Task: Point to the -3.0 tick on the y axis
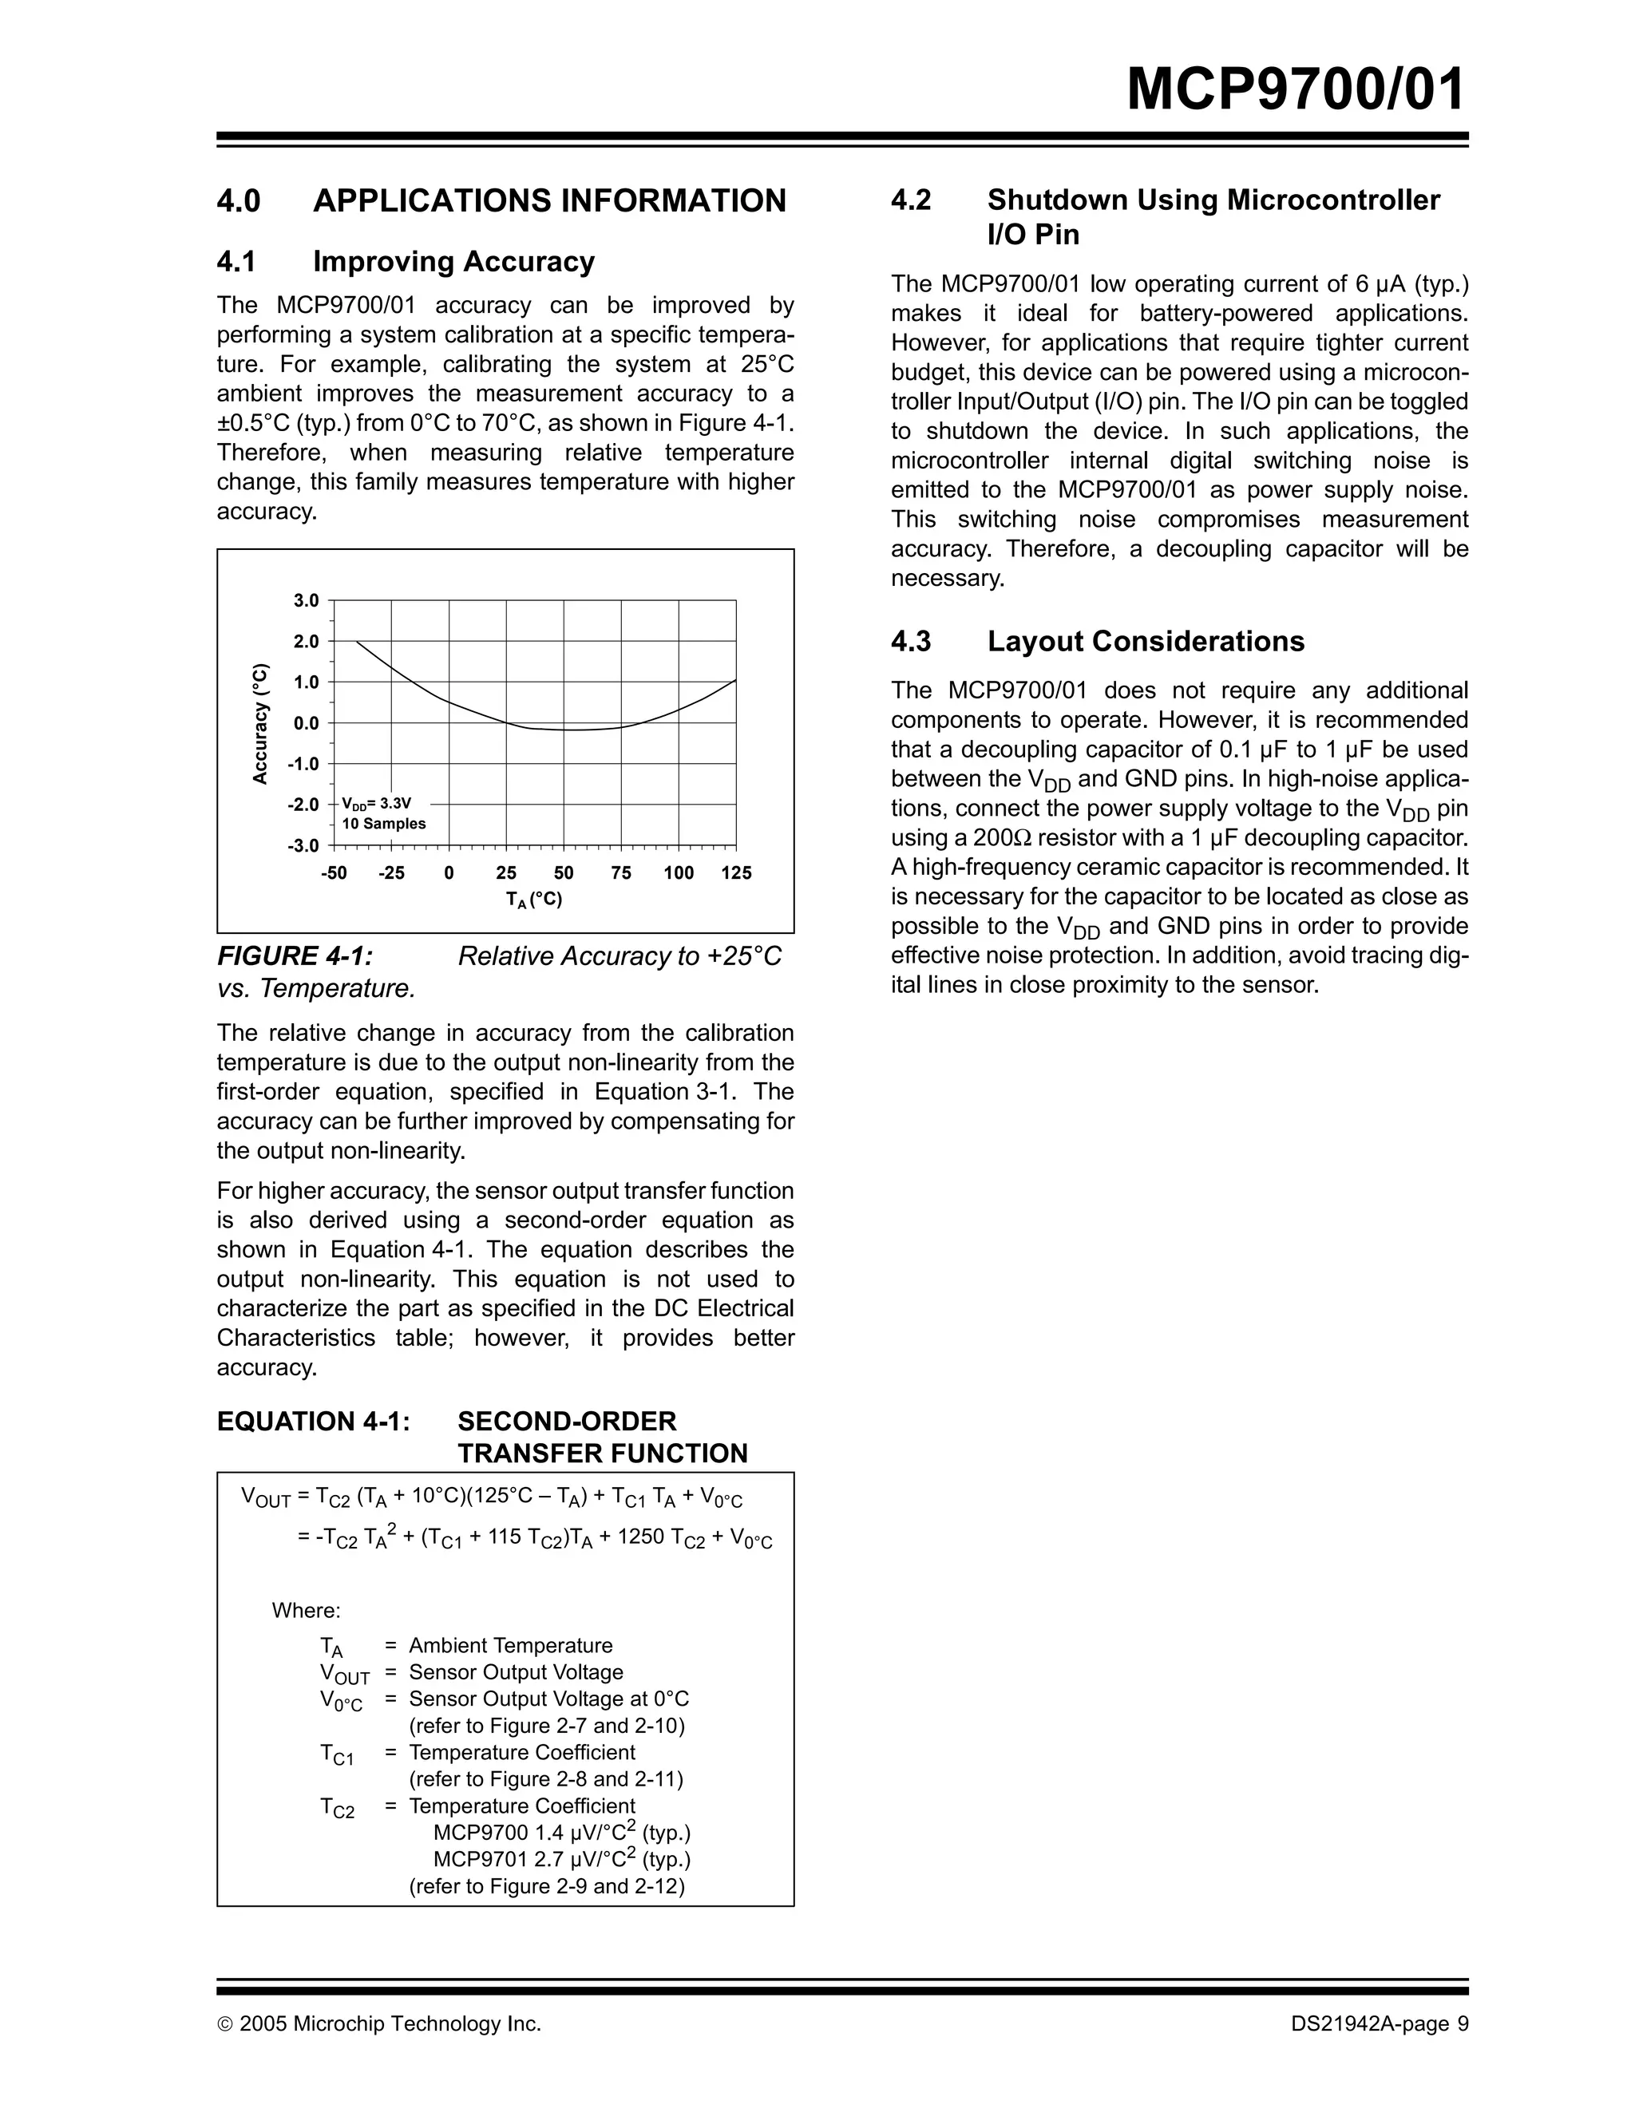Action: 303,846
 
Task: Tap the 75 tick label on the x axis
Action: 621,873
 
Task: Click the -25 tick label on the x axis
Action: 390,873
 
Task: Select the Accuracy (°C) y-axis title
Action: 259,724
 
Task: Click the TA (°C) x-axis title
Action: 534,899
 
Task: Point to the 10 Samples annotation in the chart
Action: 384,824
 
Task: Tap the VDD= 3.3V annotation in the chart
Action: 377,803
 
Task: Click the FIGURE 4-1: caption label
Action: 295,956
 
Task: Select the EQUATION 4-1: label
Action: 313,1422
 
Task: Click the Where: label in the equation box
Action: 305,1610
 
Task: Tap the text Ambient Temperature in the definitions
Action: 511,1645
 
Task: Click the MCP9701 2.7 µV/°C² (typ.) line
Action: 561,1859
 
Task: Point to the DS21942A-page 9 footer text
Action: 1380,2024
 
